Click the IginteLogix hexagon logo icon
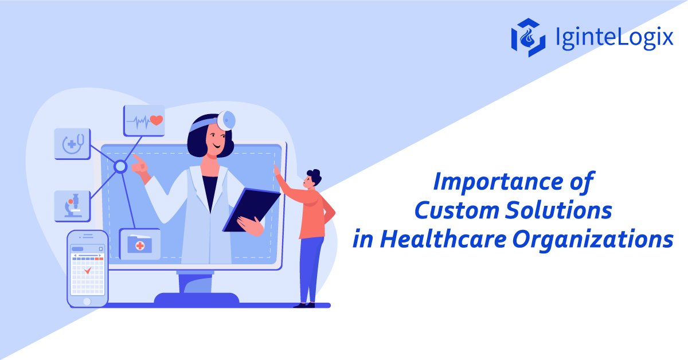point(527,37)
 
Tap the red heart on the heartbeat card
point(156,120)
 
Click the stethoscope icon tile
point(73,144)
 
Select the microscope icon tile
point(72,206)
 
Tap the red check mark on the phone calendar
point(88,269)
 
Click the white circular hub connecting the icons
point(120,167)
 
